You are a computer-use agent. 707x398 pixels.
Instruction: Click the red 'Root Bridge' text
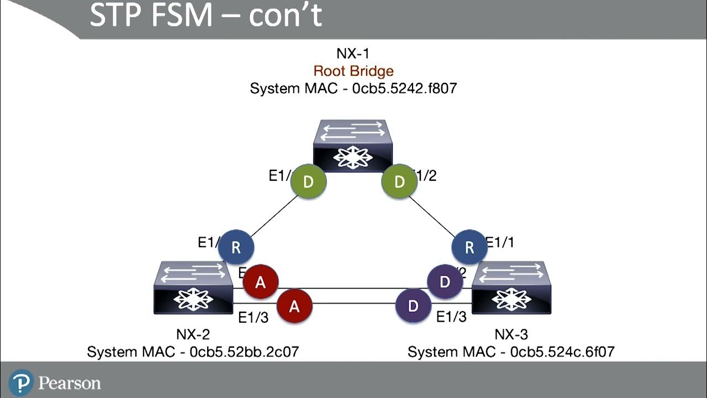(353, 71)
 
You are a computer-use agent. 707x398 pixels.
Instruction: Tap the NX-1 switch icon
(353, 144)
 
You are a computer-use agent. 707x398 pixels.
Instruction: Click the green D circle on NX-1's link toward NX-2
(308, 182)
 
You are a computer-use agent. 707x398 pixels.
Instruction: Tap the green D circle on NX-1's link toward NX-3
(399, 182)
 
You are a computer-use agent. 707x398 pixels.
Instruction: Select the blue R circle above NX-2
(236, 247)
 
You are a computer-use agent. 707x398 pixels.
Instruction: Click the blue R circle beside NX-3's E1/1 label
(469, 247)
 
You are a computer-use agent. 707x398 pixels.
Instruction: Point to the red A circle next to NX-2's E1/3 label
(294, 306)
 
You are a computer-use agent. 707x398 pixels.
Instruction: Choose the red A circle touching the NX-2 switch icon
(260, 282)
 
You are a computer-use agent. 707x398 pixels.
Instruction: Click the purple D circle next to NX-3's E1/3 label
(414, 306)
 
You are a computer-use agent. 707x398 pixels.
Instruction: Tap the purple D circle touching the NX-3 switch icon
(445, 282)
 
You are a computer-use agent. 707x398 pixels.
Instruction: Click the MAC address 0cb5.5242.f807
(404, 88)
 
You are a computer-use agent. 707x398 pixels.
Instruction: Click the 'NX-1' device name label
(353, 54)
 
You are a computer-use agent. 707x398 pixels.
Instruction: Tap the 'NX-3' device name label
(511, 334)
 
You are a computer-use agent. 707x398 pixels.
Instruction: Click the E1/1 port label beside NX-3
(500, 242)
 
